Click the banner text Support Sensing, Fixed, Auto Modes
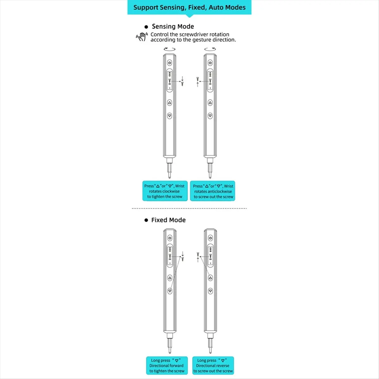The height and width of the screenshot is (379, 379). pos(189,8)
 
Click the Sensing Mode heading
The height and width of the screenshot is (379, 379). pos(172,27)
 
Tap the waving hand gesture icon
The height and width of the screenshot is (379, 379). pos(141,37)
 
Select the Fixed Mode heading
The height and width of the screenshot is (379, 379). pos(168,220)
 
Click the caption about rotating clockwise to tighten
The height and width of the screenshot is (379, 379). pos(165,191)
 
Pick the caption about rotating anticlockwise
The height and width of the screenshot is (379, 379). pos(213,191)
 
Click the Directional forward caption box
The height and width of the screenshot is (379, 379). pos(167,366)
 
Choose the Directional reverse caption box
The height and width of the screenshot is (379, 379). pos(213,366)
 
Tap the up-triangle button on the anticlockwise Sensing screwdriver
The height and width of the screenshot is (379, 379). pos(210,103)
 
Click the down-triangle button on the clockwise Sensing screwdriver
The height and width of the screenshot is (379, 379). pos(170,116)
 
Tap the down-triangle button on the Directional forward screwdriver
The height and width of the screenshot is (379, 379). pos(170,291)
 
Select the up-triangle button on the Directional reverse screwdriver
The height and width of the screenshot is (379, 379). pos(210,278)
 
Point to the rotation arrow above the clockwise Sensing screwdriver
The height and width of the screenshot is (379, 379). pos(170,49)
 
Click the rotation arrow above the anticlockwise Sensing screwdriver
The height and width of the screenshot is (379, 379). pos(210,49)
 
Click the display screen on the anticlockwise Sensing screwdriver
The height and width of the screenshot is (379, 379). pos(210,81)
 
